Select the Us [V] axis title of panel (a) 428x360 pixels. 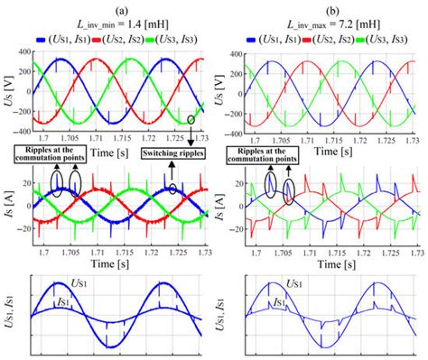[x=7, y=92]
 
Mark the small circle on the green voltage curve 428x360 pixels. [x=191, y=120]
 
